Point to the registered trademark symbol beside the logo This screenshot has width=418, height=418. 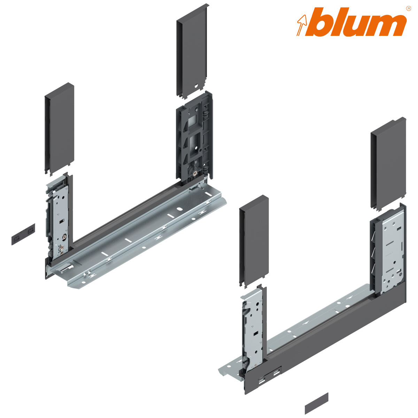tap(408, 8)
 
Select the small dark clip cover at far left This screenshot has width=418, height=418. tap(23, 234)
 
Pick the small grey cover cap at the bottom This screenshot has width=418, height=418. tap(316, 403)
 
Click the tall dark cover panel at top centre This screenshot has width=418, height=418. tap(192, 51)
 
